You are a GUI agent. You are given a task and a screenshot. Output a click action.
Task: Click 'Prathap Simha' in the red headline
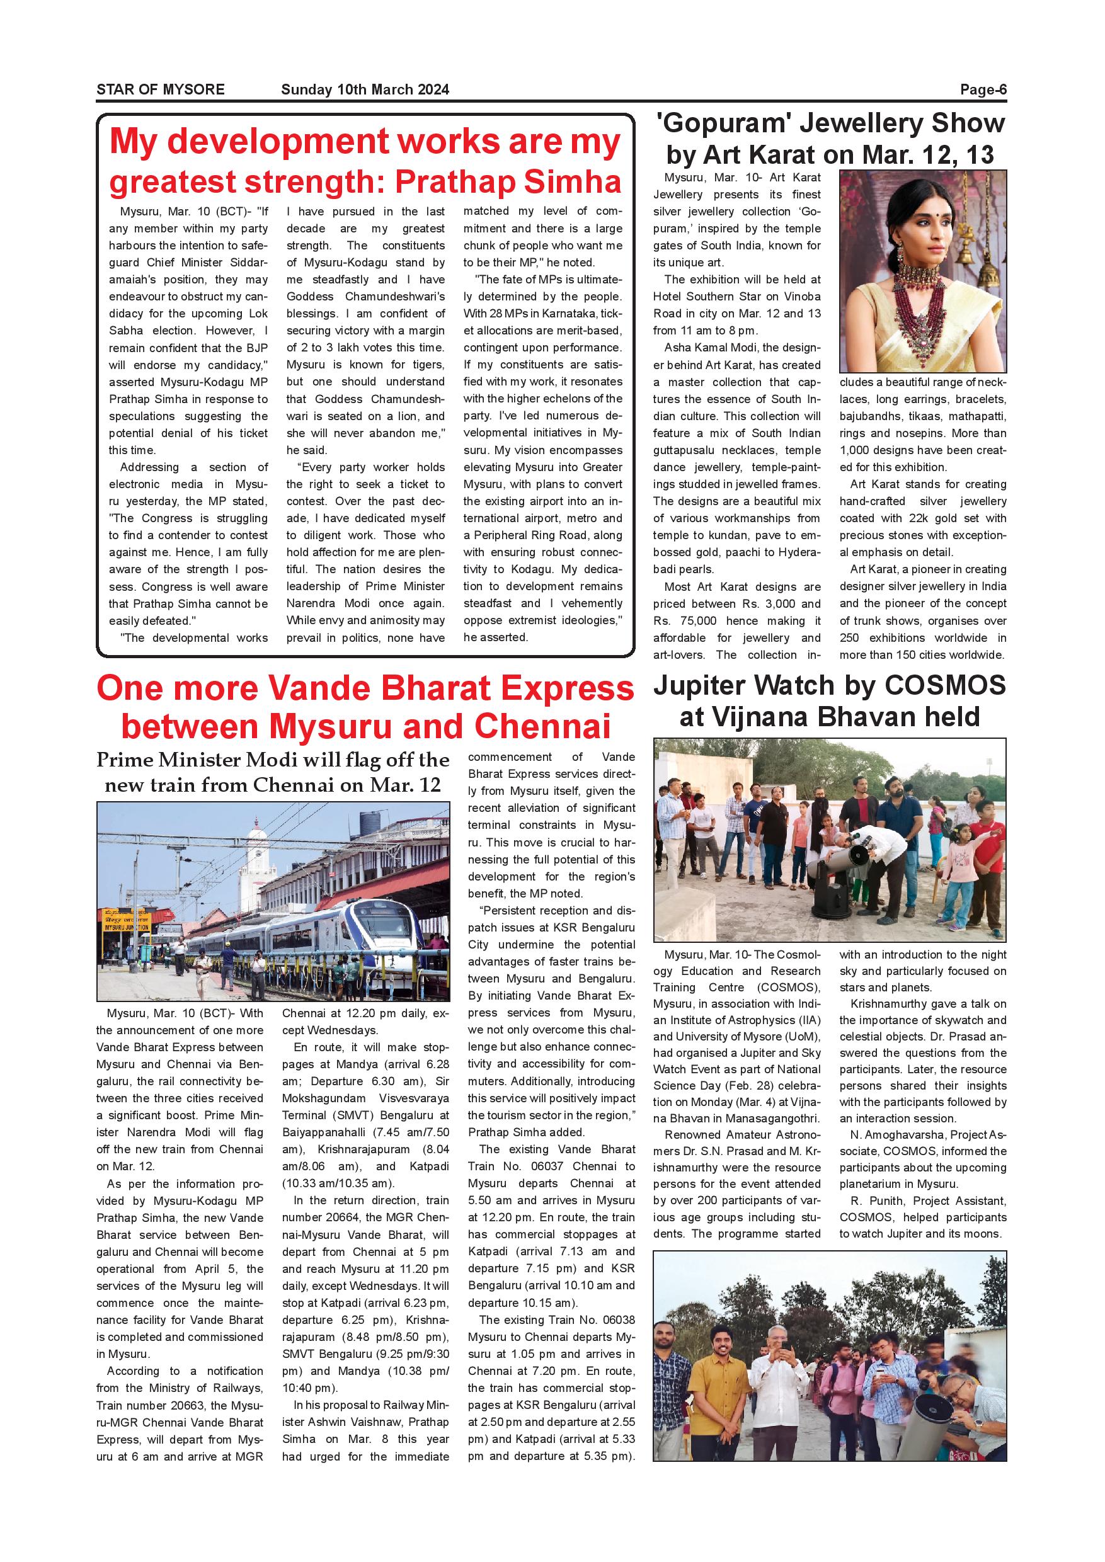[508, 181]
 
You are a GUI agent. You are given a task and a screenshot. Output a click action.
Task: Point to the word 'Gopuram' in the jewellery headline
[723, 124]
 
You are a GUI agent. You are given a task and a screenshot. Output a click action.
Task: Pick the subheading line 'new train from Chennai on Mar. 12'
[272, 785]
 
